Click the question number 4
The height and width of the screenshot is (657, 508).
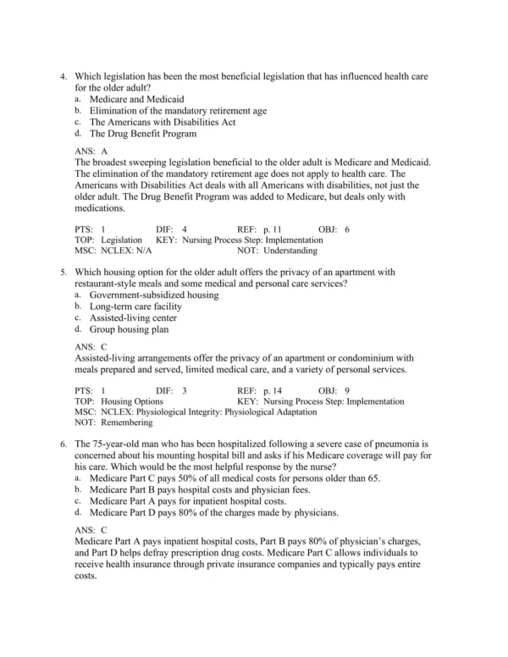(x=64, y=76)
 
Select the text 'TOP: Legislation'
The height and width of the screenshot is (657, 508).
(x=108, y=240)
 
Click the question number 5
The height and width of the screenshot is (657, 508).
(x=64, y=273)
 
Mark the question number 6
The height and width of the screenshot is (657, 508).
(x=64, y=444)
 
